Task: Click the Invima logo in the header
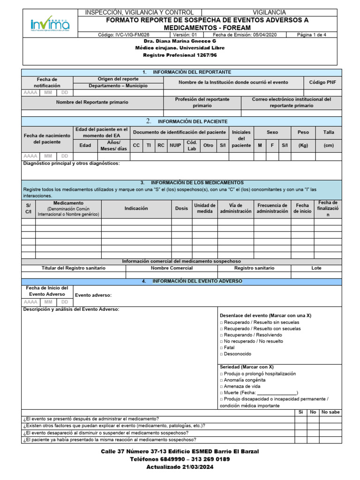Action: tap(50, 23)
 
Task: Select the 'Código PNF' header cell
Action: tap(322, 82)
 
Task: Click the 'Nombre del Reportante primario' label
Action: tap(92, 102)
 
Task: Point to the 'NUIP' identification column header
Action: tap(175, 145)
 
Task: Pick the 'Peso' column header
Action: tap(303, 133)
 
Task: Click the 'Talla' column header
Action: tap(329, 133)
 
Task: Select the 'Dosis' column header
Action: tap(181, 208)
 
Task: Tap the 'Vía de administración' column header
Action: tap(236, 208)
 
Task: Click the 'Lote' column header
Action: tap(316, 268)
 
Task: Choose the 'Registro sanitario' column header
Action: tap(255, 268)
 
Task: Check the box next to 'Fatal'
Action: tap(221, 348)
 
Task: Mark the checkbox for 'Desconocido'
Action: tap(221, 354)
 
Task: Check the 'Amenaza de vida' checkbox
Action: tap(221, 386)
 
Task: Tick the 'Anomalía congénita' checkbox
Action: tap(221, 380)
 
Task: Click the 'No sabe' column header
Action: tap(330, 412)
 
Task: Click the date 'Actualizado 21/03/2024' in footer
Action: tap(180, 467)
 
